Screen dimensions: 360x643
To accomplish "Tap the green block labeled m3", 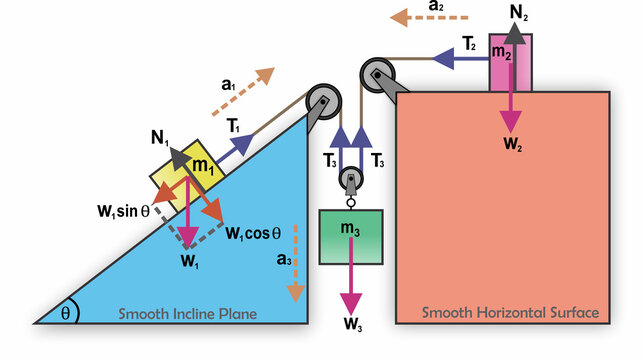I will pyautogui.click(x=350, y=237).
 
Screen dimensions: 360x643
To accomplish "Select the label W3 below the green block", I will pyautogui.click(x=351, y=323).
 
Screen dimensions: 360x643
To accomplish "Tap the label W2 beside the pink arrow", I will pyautogui.click(x=513, y=144).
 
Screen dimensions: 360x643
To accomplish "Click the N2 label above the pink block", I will pyautogui.click(x=518, y=13).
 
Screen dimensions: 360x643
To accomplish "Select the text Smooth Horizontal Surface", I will pyautogui.click(x=509, y=313).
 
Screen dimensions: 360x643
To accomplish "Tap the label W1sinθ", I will pyautogui.click(x=122, y=211).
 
